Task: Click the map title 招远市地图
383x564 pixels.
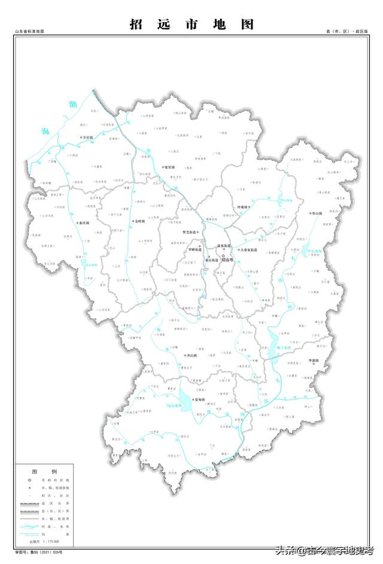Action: point(191,25)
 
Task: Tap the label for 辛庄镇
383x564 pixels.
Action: point(89,137)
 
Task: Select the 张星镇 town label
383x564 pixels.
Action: point(169,167)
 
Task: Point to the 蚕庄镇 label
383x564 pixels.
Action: point(83,223)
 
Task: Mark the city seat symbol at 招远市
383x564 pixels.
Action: point(223,255)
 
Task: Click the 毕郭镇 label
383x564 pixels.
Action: point(314,361)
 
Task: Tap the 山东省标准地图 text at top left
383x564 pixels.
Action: point(30,31)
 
